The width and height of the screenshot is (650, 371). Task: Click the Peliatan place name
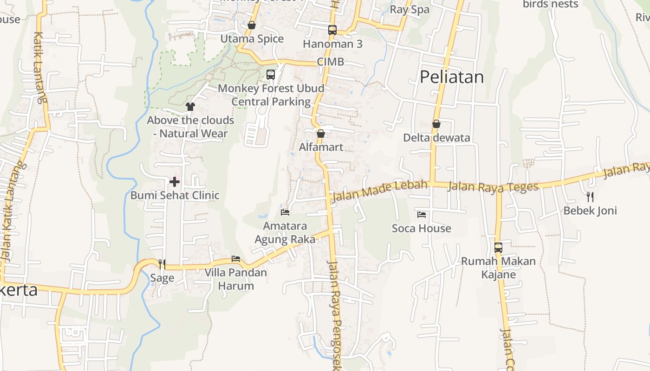(452, 77)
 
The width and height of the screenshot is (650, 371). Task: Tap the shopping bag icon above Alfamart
(320, 134)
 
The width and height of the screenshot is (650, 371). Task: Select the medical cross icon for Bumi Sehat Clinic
(175, 182)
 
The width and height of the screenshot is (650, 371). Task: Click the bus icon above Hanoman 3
(332, 30)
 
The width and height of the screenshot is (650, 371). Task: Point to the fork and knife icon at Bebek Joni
(590, 197)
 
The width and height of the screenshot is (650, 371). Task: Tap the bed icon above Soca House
(422, 214)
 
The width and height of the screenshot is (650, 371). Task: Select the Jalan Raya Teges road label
(493, 186)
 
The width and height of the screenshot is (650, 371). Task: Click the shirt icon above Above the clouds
(190, 107)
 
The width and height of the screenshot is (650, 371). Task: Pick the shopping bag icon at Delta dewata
(436, 124)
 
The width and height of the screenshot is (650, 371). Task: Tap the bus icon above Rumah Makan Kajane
(498, 247)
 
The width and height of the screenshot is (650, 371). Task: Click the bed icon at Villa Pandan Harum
(236, 259)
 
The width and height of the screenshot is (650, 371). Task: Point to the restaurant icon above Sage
(162, 264)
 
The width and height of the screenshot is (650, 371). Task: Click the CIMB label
(331, 62)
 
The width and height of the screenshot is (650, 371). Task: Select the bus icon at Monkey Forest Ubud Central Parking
(271, 74)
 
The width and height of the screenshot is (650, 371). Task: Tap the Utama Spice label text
(252, 39)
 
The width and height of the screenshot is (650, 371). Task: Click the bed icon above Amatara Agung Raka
(285, 212)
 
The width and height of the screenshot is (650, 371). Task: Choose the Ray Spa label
(409, 9)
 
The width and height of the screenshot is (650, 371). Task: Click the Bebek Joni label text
(590, 211)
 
